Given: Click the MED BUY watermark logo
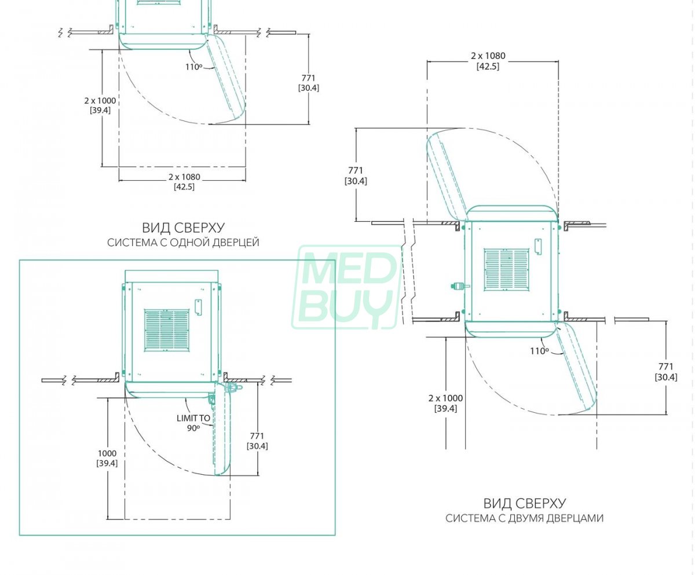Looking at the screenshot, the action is (x=346, y=287).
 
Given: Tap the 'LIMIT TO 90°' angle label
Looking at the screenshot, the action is (x=193, y=423).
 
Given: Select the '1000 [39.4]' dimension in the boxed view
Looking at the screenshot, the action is (x=107, y=458).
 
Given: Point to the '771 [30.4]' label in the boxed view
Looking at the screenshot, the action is (x=257, y=441).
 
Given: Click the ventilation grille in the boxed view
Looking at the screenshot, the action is (x=166, y=330).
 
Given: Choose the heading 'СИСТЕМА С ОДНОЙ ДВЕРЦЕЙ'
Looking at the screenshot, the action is (x=183, y=243).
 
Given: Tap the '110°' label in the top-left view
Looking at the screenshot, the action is (x=193, y=67).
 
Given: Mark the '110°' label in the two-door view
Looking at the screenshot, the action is (x=539, y=351).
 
